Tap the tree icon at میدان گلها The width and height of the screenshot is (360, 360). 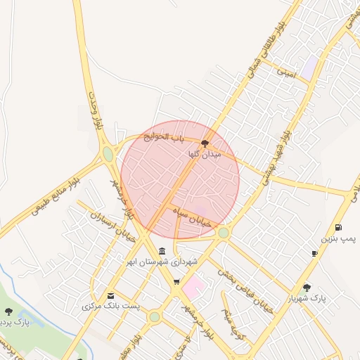[x=205, y=143]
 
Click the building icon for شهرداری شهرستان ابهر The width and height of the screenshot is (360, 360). [x=162, y=251]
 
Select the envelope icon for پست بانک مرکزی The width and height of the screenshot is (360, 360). [x=110, y=296]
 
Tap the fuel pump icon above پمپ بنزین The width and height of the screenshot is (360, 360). [x=339, y=227]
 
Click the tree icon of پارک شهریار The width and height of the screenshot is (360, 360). [x=307, y=287]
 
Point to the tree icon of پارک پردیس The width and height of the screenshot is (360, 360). [x=8, y=311]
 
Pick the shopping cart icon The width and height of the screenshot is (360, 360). [x=176, y=283]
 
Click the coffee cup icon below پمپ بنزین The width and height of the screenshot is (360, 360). [x=314, y=253]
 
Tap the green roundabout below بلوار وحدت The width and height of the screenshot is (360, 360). [x=108, y=153]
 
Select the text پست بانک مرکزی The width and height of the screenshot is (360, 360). [x=111, y=307]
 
